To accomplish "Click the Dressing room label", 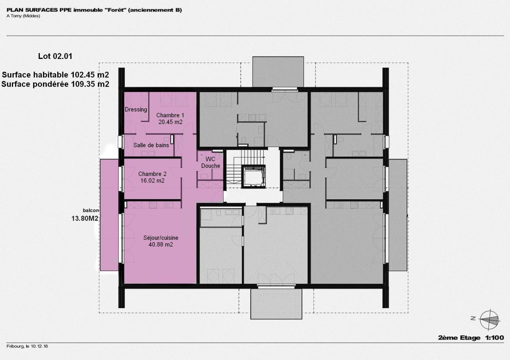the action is [x=136, y=110].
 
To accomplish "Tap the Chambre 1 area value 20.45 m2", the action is [x=170, y=122].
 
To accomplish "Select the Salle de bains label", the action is [x=151, y=145].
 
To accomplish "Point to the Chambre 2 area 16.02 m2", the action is [x=152, y=181].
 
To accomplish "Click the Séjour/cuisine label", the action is [x=161, y=238].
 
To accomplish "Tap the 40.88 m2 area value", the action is [x=161, y=245].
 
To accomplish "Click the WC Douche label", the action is [x=210, y=162].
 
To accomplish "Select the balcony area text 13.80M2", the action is [x=85, y=219].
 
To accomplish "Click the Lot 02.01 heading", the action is [x=55, y=56].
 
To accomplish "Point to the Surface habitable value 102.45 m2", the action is [x=90, y=75].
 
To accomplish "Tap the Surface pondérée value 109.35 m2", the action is [x=90, y=84].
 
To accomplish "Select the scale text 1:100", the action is [x=494, y=338].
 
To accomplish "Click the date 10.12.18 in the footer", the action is [x=40, y=346].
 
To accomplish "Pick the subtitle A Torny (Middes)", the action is [x=23, y=16].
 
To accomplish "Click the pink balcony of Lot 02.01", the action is [x=109, y=215].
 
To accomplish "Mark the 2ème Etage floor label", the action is [x=459, y=338].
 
